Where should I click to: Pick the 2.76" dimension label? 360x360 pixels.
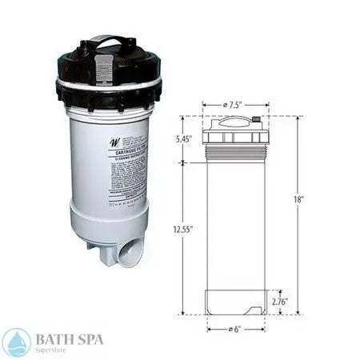278,302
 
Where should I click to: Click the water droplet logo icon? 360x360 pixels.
17,342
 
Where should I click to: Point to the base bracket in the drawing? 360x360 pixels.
234,302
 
